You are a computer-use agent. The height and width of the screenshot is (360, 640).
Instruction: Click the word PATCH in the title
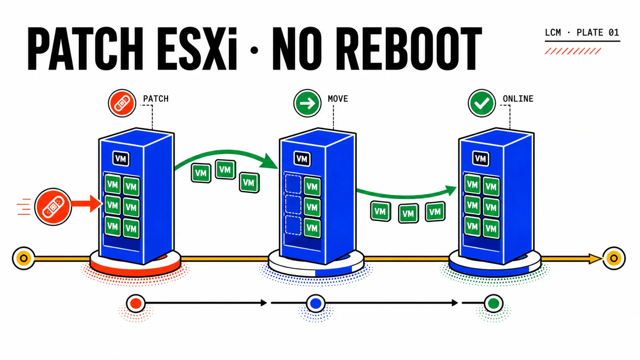point(85,49)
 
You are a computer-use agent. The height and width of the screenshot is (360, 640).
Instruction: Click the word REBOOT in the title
point(408,49)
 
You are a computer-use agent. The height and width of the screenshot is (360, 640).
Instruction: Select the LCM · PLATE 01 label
point(582,32)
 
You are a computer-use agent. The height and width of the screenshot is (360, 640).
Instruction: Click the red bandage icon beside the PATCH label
point(122,103)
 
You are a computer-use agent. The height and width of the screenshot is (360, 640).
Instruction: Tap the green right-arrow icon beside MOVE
point(308,103)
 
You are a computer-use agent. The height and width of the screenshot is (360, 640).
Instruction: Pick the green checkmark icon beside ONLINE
point(482,103)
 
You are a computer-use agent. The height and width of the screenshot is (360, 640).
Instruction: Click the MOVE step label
point(338,99)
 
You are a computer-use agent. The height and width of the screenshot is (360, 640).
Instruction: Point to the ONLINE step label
point(518,99)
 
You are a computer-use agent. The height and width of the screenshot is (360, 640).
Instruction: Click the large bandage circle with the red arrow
point(53,206)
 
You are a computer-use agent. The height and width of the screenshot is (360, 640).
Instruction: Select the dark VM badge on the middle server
point(302,159)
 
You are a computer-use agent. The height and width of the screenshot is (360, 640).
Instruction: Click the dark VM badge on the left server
point(121,159)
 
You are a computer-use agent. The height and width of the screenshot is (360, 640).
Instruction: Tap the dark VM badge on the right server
point(481,159)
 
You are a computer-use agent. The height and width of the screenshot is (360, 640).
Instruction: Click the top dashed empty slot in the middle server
point(293,184)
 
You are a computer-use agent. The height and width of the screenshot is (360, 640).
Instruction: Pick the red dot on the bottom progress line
point(136,304)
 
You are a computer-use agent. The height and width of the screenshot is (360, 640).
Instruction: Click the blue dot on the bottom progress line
point(316,304)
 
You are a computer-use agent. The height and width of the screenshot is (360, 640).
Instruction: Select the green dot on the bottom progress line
point(494,304)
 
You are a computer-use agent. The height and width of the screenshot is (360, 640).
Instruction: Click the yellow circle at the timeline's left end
point(24,258)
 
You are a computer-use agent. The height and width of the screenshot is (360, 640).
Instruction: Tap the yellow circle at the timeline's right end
point(614,258)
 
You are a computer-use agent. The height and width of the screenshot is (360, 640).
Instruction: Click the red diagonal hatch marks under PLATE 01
point(572,51)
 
